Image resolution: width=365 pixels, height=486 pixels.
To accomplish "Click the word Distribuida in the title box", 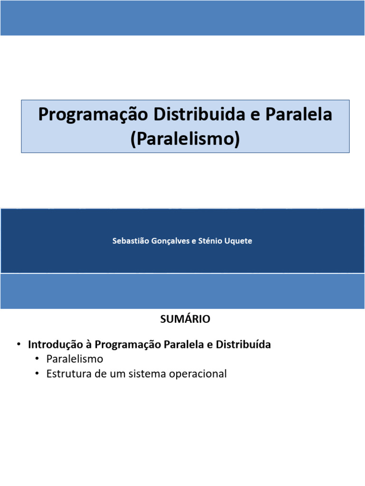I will (203, 115).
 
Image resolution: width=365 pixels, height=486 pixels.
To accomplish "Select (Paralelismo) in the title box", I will (185, 139).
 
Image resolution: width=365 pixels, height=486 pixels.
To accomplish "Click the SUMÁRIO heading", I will (185, 319).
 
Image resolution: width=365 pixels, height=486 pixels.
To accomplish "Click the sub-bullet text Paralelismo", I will (75, 359).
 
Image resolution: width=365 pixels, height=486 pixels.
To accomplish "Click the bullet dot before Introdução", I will (19, 345).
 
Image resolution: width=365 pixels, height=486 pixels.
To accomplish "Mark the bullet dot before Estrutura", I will (37, 374).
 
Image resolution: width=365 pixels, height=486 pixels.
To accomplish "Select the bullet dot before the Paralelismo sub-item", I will (37, 359).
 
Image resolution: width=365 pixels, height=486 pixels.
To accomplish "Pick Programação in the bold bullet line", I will (128, 345).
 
